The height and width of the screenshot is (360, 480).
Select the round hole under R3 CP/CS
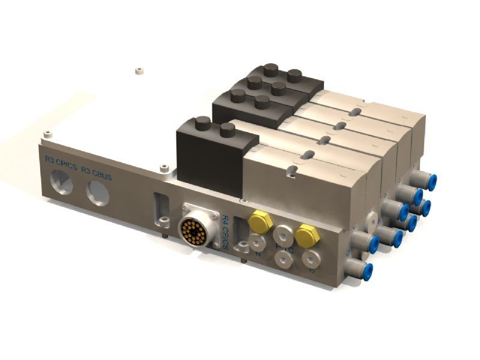coord(61,183)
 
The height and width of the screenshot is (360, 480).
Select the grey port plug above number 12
coord(310,260)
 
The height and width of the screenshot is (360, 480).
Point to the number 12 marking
coord(312,271)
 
